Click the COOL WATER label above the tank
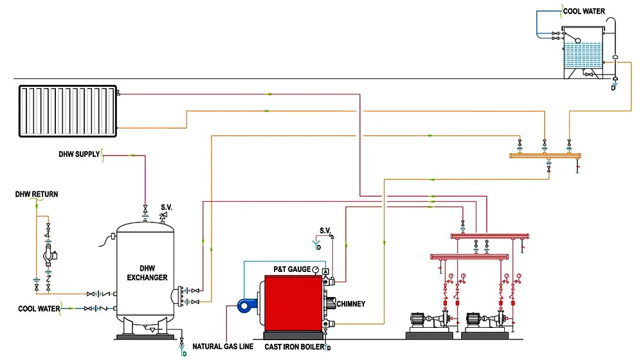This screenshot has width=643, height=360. [x=584, y=11]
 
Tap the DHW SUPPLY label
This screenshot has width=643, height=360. [x=79, y=154]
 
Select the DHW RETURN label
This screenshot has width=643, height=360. [x=37, y=194]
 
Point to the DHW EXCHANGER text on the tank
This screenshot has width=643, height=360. [x=147, y=273]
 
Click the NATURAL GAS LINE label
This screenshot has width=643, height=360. [x=222, y=346]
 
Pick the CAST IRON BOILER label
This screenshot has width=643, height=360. [x=294, y=347]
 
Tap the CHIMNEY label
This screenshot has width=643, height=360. [x=350, y=304]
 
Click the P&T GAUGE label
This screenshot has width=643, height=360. [x=292, y=269]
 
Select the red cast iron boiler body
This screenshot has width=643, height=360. [x=293, y=303]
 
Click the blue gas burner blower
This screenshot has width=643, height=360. [x=247, y=306]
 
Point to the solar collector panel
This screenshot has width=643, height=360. [x=68, y=111]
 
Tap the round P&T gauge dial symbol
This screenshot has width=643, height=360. [x=315, y=269]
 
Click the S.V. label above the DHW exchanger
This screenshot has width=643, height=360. [x=167, y=207]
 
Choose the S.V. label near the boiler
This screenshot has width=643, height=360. [x=325, y=230]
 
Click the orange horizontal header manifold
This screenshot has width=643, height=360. [x=545, y=156]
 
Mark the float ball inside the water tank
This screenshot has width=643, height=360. [x=578, y=40]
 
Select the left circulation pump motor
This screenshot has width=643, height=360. [x=418, y=319]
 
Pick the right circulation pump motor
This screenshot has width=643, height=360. [x=473, y=319]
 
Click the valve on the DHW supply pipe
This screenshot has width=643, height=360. [x=145, y=210]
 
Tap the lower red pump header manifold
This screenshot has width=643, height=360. [x=469, y=256]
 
